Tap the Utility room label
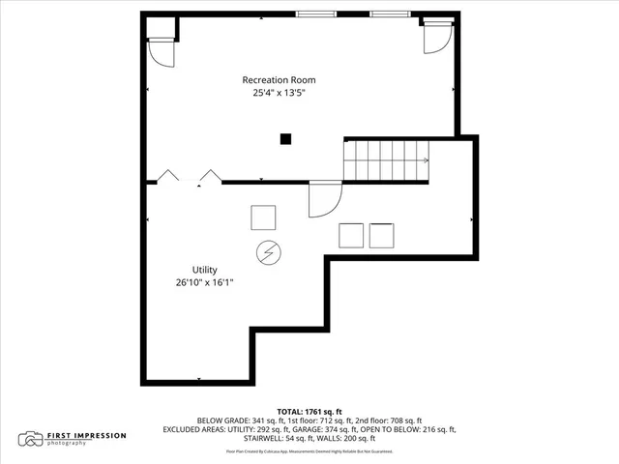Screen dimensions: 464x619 (x=204, y=270)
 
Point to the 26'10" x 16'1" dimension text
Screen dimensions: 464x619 (x=204, y=283)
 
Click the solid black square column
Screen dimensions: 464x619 (x=285, y=138)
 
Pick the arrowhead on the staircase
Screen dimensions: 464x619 (x=425, y=160)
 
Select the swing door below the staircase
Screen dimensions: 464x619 (x=323, y=199)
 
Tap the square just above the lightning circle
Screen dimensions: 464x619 (x=263, y=217)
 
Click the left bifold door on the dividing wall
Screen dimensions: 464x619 (x=168, y=176)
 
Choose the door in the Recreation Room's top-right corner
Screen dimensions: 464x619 (x=436, y=37)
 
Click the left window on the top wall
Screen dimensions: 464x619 (x=310, y=14)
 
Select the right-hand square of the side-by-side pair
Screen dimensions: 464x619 (x=381, y=236)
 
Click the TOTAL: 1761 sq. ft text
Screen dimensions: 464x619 (x=309, y=410)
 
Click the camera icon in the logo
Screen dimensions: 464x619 (x=33, y=439)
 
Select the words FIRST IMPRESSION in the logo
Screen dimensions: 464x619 (x=86, y=436)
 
